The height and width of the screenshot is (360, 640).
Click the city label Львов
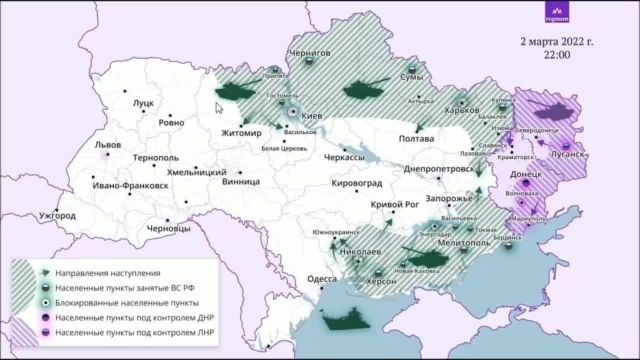pos(107,145)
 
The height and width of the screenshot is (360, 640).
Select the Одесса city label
pos(322,279)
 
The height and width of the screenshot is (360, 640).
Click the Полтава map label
pos(415,139)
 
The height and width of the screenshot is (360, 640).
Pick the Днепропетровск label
pos(439,170)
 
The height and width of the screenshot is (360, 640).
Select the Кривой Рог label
pos(393,204)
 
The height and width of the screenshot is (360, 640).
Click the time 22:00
pos(558,58)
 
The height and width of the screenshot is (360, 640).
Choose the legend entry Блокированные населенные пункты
pos(126,301)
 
